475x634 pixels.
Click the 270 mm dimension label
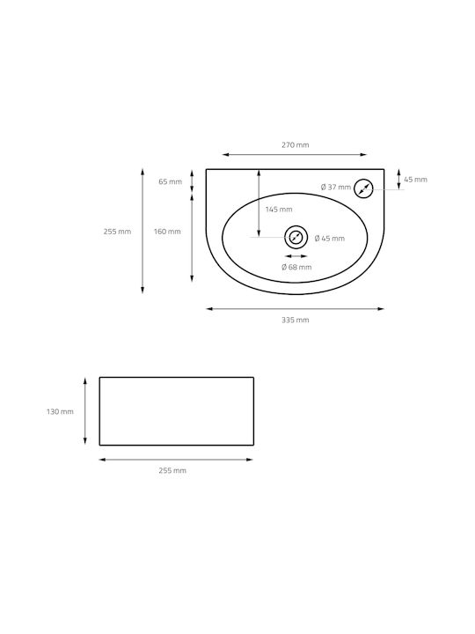[x=296, y=144]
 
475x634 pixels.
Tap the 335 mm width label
[x=296, y=320]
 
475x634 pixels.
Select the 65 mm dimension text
[x=170, y=181]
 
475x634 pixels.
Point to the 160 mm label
[x=167, y=232]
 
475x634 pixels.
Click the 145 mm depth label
[x=279, y=210]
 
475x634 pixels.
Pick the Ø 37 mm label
[x=336, y=188]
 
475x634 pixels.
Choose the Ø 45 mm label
[x=330, y=239]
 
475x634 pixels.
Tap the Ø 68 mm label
[x=296, y=267]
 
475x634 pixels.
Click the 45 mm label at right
[x=415, y=180]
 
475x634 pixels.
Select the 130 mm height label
[x=60, y=411]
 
